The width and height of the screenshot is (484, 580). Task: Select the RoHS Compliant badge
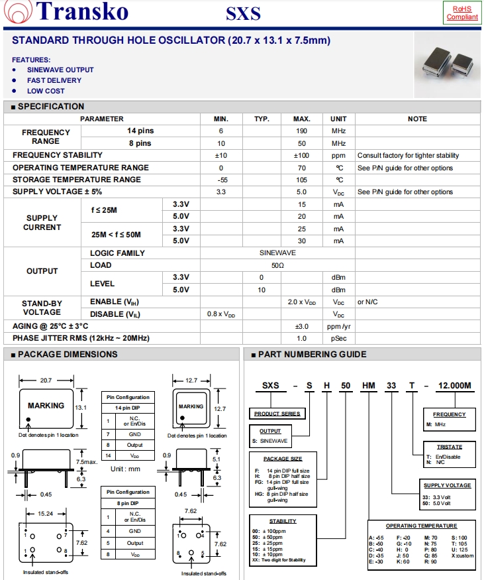point(461,13)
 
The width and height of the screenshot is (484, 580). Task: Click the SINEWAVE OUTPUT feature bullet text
point(60,70)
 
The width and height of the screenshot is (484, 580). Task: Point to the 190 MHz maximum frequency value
point(301,131)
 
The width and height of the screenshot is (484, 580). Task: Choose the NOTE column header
point(417,119)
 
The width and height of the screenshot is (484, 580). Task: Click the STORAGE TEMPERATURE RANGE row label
point(77,180)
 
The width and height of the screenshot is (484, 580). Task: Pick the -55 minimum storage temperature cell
point(221,180)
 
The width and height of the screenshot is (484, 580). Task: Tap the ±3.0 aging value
point(301,326)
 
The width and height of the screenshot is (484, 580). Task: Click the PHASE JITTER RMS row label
point(81,338)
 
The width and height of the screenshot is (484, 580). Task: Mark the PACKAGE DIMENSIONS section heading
point(67,355)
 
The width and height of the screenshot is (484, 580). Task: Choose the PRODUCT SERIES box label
point(277,414)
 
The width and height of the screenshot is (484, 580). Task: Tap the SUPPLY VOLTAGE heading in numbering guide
point(447,485)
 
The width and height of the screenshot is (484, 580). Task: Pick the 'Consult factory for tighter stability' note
point(408,156)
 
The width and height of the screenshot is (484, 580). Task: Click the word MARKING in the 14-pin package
point(46,406)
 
